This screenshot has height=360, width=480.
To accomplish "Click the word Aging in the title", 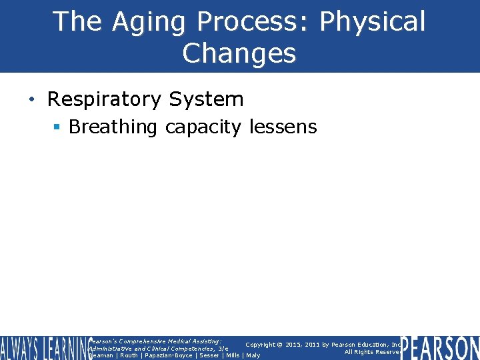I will (149, 22).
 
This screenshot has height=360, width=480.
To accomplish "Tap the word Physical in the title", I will (372, 22).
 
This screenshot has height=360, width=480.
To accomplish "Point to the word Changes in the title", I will (239, 53).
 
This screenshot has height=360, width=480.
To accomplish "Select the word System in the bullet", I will (206, 100).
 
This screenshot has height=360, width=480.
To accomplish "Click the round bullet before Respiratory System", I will (32, 100).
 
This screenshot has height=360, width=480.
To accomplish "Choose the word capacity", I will (204, 127).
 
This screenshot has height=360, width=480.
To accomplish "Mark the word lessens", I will (283, 127).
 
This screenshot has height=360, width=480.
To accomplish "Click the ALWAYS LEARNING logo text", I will (44, 348).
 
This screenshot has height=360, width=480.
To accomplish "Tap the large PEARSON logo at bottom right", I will (440, 348).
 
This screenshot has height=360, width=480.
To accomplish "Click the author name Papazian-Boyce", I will (167, 355).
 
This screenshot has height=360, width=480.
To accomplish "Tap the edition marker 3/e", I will (223, 348).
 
